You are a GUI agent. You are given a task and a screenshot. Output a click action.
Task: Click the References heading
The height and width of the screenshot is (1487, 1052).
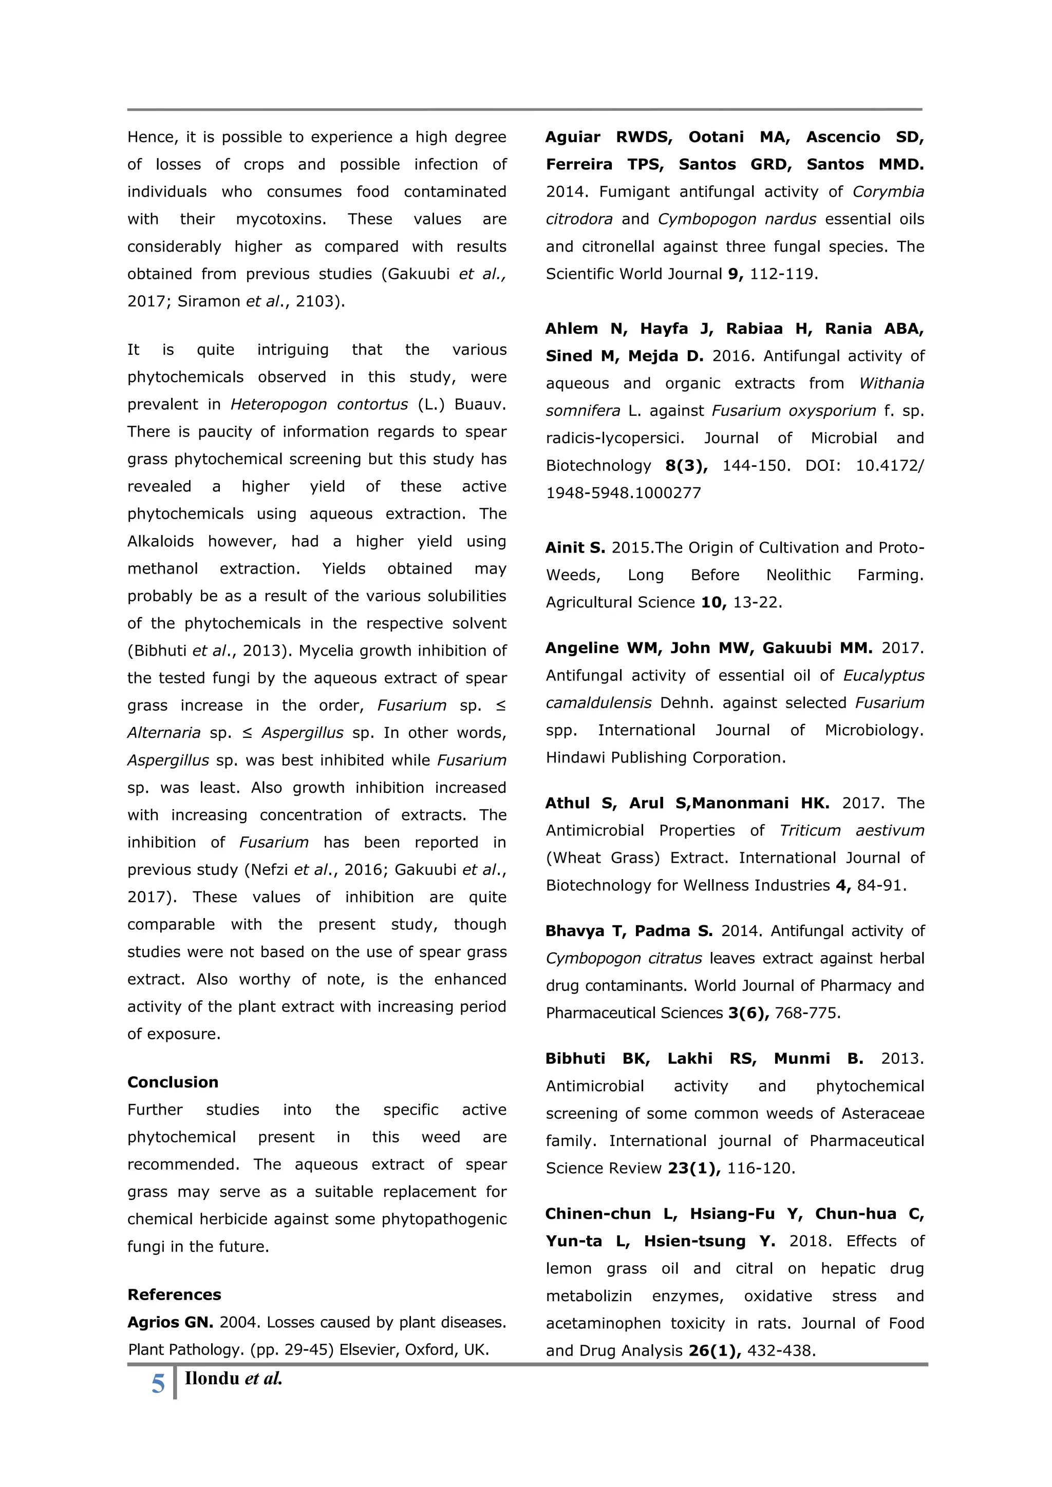pyautogui.click(x=174, y=1294)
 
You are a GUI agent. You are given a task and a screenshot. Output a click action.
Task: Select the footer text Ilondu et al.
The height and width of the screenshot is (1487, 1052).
pyautogui.click(x=233, y=1379)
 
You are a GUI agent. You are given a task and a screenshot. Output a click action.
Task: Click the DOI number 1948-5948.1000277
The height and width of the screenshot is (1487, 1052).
pyautogui.click(x=623, y=493)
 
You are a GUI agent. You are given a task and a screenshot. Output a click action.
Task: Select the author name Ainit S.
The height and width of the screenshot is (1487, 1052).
pyautogui.click(x=575, y=548)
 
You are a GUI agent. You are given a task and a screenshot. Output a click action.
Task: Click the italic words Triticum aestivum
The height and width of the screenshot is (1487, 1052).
pyautogui.click(x=851, y=830)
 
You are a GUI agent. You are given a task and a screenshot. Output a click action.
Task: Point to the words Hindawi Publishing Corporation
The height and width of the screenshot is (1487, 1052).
pyautogui.click(x=665, y=758)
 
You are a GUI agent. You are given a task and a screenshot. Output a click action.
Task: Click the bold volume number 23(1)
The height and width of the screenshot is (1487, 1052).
pyautogui.click(x=694, y=1168)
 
